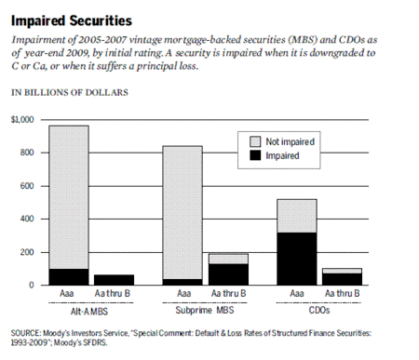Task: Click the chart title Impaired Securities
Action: (72, 20)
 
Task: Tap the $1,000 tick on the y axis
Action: (22, 120)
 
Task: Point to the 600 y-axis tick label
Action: (27, 186)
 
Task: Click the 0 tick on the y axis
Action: (32, 285)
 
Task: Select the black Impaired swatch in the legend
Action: (255, 155)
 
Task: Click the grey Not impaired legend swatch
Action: (255, 141)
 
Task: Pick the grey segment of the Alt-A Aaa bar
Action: (69, 197)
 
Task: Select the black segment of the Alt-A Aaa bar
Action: (69, 277)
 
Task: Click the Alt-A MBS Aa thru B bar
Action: (115, 280)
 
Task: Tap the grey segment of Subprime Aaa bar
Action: (182, 212)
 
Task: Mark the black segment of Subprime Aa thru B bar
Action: (228, 274)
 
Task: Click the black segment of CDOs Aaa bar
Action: (297, 259)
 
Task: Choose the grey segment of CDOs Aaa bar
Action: (297, 216)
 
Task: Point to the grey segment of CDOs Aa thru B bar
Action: (342, 271)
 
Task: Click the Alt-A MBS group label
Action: (89, 311)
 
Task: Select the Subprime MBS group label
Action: (205, 310)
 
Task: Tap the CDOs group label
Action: (319, 310)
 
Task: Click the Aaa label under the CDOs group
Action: (297, 293)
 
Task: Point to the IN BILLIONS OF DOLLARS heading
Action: (70, 93)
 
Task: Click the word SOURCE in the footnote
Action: (25, 333)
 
